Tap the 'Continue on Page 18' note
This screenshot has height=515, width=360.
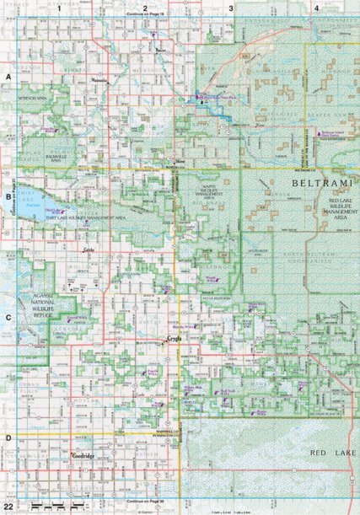point(145,16)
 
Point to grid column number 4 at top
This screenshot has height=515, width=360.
point(315,8)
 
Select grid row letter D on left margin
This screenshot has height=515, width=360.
point(8,438)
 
